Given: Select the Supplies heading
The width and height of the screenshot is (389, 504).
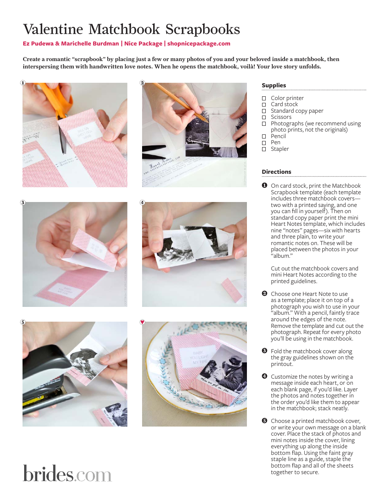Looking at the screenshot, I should click(274, 85).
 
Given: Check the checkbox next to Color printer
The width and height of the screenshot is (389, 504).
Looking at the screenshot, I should click(264, 98).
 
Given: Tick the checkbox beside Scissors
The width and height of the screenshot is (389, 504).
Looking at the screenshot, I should click(264, 117).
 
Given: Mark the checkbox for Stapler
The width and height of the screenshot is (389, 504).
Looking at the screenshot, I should click(264, 149).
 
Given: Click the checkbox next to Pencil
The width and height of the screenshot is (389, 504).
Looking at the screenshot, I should click(264, 136).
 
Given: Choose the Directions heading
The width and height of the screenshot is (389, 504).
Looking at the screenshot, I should click(276, 172).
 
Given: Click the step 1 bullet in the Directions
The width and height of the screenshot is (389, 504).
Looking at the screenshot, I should click(265, 186).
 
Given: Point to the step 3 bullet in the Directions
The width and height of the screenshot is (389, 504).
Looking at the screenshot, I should click(265, 351).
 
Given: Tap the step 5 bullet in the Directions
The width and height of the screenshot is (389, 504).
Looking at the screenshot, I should click(265, 421).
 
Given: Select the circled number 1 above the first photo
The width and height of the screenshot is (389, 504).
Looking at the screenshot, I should click(23, 83).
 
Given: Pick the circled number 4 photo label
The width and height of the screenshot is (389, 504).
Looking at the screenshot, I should click(142, 202).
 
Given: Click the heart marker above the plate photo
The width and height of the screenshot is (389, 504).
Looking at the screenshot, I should click(142, 322).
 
